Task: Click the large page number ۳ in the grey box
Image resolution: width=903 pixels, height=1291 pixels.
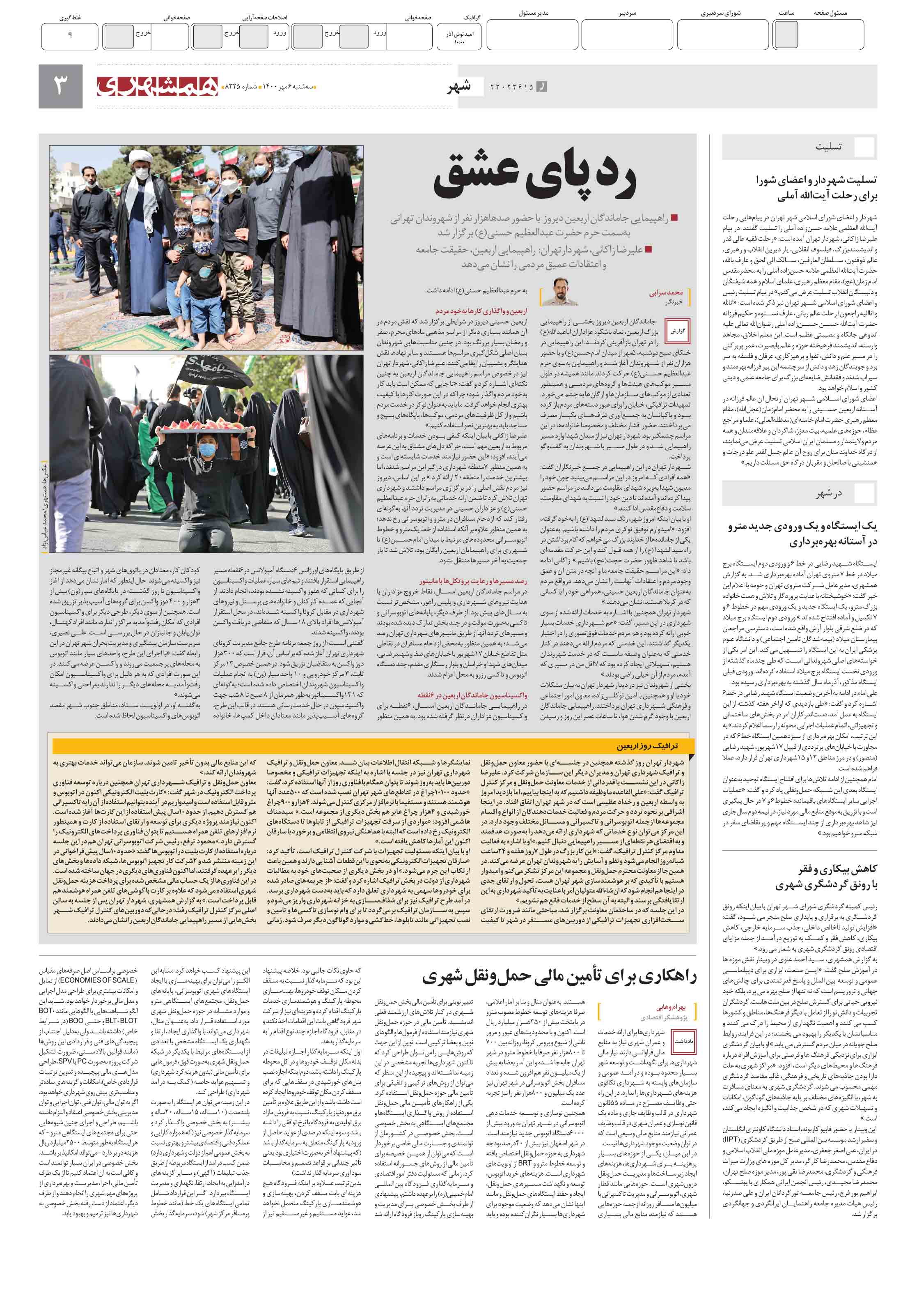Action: (x=61, y=85)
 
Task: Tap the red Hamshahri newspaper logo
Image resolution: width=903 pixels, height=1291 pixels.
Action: (x=157, y=86)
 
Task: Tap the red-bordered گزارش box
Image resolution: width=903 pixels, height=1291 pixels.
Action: (x=677, y=331)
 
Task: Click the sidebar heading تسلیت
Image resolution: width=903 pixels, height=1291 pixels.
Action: (x=828, y=147)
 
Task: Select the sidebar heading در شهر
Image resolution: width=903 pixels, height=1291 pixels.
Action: (x=829, y=493)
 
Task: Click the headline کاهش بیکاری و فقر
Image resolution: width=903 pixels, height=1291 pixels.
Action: (x=837, y=869)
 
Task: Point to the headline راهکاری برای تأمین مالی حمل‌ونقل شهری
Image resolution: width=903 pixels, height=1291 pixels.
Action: (x=559, y=976)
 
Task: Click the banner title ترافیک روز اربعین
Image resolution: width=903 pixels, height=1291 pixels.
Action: (x=647, y=746)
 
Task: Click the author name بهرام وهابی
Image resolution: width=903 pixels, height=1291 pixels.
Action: (x=670, y=1007)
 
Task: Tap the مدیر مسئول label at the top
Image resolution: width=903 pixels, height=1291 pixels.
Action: (x=533, y=13)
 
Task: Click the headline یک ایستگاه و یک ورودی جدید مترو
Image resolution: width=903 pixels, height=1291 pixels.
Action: (x=802, y=526)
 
